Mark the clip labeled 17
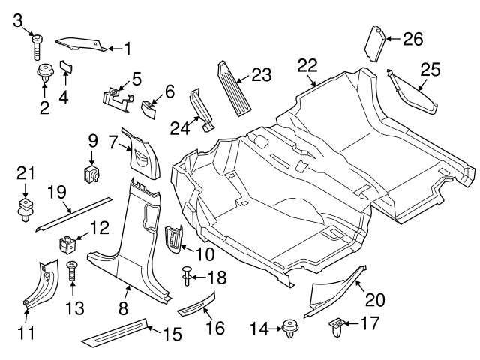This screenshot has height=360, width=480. pyautogui.click(x=337, y=327)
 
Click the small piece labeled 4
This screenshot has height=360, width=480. pyautogui.click(x=65, y=70)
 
